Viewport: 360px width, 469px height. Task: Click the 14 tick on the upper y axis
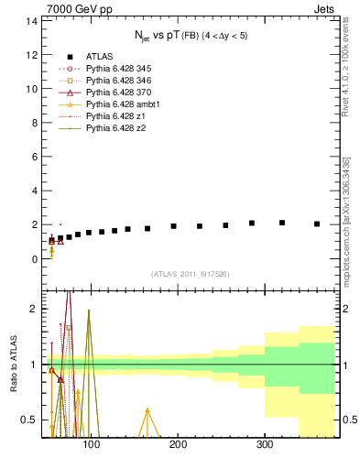32,20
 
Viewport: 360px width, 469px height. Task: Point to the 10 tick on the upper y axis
32,88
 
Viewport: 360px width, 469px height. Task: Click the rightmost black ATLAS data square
317,224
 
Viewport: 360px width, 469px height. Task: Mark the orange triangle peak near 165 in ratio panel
147,410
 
